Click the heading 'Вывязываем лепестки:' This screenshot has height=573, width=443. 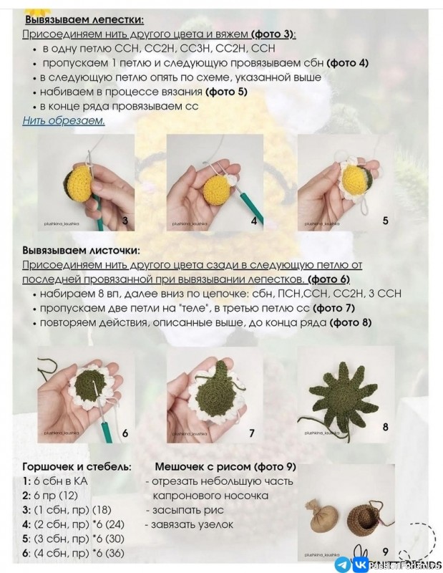83,19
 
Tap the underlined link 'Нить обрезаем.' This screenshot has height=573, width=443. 64,120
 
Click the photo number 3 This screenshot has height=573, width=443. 125,221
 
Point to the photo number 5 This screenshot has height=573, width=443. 385,221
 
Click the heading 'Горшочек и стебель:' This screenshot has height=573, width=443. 77,466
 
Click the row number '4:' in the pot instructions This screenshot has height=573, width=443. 27,524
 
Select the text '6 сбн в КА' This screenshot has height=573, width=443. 61,481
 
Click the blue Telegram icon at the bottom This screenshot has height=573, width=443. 342,564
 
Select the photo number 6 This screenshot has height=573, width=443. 125,433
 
